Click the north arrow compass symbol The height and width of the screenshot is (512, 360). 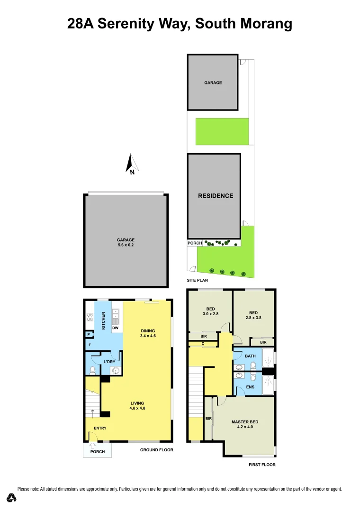[131, 164]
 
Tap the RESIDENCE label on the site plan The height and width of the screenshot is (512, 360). [216, 195]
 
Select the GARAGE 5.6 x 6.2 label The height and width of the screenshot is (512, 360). [126, 242]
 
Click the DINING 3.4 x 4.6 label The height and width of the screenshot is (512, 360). [148, 333]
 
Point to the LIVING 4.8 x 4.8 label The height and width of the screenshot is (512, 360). [137, 405]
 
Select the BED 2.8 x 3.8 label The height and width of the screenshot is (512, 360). [253, 315]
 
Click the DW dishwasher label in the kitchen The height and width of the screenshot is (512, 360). [115, 328]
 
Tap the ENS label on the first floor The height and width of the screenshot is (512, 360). [250, 387]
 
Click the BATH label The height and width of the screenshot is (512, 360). [250, 356]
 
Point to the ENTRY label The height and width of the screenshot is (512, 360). [100, 428]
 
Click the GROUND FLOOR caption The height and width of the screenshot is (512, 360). [157, 449]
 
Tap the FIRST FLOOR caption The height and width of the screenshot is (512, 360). [262, 465]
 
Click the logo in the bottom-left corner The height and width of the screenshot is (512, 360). [11, 498]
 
